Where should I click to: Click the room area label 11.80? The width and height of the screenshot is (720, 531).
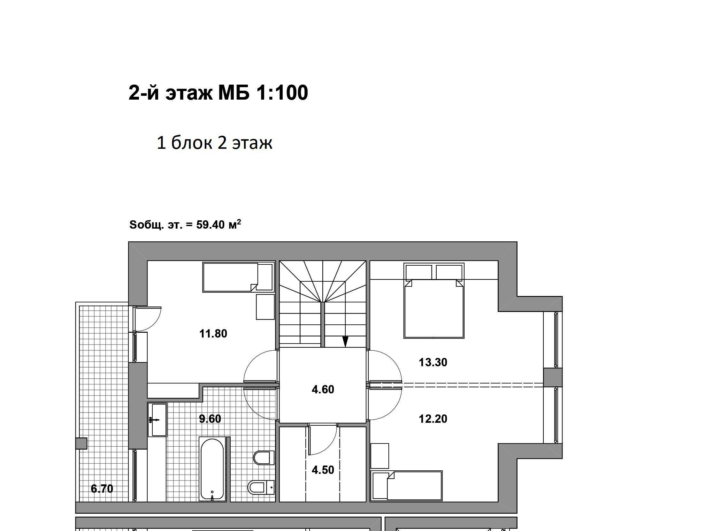tap(213, 334)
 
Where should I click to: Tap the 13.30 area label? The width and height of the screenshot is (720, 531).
tap(433, 362)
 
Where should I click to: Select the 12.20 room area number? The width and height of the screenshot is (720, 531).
tap(433, 419)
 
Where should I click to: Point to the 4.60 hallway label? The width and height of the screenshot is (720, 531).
tap(323, 390)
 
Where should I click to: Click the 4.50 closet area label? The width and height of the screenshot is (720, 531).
tap(323, 470)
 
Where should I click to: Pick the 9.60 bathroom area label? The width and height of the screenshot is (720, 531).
tap(210, 419)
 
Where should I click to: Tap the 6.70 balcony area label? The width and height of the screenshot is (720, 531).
tap(102, 489)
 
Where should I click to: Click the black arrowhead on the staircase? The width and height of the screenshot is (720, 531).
tap(345, 342)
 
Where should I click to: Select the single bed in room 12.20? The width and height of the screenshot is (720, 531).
tap(406, 486)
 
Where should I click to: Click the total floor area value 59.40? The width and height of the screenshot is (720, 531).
tap(210, 225)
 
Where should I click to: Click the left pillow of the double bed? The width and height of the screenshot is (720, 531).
tap(419, 273)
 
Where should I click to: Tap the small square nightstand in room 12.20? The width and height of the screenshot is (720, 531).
tap(380, 456)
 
